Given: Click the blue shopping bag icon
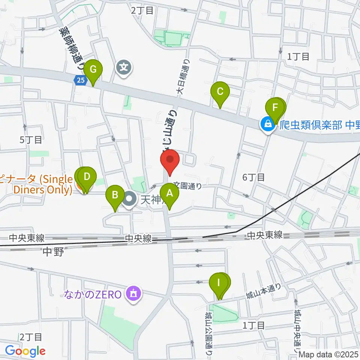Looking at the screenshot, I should [268, 124].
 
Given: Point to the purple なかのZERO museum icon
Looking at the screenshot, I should [133, 293].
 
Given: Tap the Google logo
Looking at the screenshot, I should [25, 351].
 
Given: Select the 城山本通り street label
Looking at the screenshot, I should [263, 291].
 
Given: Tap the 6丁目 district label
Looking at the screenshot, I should [253, 177].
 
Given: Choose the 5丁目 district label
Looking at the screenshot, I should [31, 140].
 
